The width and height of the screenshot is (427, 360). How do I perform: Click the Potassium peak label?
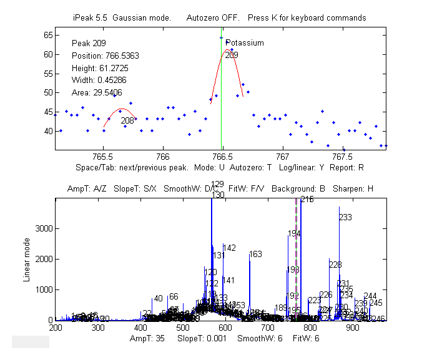pyautogui.click(x=245, y=43)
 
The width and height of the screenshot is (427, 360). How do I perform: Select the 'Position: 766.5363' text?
pyautogui.click(x=106, y=56)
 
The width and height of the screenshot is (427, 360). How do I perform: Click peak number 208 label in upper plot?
pyautogui.click(x=127, y=120)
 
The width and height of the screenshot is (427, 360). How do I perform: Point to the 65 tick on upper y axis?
pyautogui.click(x=47, y=36)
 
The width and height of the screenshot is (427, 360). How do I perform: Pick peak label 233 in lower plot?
pyautogui.click(x=345, y=218)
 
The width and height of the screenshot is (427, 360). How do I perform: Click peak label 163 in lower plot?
pyautogui.click(x=255, y=255)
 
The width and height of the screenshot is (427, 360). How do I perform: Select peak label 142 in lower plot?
pyautogui.click(x=229, y=248)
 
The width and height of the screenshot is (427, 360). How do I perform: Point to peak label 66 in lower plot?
pyautogui.click(x=174, y=297)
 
